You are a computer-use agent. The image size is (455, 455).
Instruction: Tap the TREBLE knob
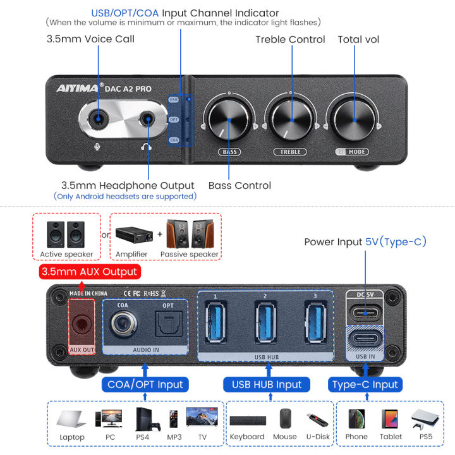[x=291, y=119]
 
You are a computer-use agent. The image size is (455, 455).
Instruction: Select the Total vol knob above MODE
[x=353, y=119]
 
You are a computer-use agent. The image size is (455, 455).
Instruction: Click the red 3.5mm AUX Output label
[x=88, y=272]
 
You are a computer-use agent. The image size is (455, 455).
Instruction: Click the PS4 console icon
[x=143, y=418]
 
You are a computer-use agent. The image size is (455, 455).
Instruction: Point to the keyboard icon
[x=247, y=420]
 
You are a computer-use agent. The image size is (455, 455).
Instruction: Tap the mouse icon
[x=284, y=418]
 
